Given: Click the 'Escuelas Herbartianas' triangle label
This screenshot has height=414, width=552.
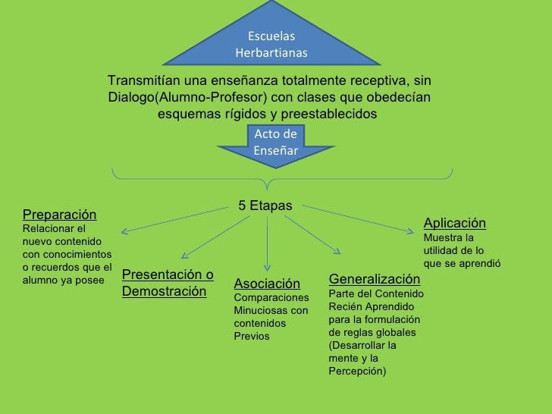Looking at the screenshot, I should click(271, 45).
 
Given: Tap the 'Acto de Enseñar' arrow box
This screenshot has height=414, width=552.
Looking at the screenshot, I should click(276, 142).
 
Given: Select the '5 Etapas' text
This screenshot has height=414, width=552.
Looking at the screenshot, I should click(265, 205).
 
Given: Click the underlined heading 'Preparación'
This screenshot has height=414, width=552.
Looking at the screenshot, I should click(60, 215).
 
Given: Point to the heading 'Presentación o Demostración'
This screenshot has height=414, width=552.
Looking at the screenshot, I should click(168, 283).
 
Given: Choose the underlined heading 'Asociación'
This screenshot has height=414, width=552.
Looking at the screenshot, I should click(267, 284).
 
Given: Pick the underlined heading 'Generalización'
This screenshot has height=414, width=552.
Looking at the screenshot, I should click(374, 279).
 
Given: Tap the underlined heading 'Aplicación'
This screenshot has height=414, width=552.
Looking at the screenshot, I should click(454, 223).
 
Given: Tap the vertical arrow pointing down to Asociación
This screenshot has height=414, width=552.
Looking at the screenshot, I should click(268, 243).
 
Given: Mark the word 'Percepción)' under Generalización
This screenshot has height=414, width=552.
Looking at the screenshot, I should click(357, 371).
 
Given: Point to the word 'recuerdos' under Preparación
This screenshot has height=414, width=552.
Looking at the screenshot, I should click(59, 267).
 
